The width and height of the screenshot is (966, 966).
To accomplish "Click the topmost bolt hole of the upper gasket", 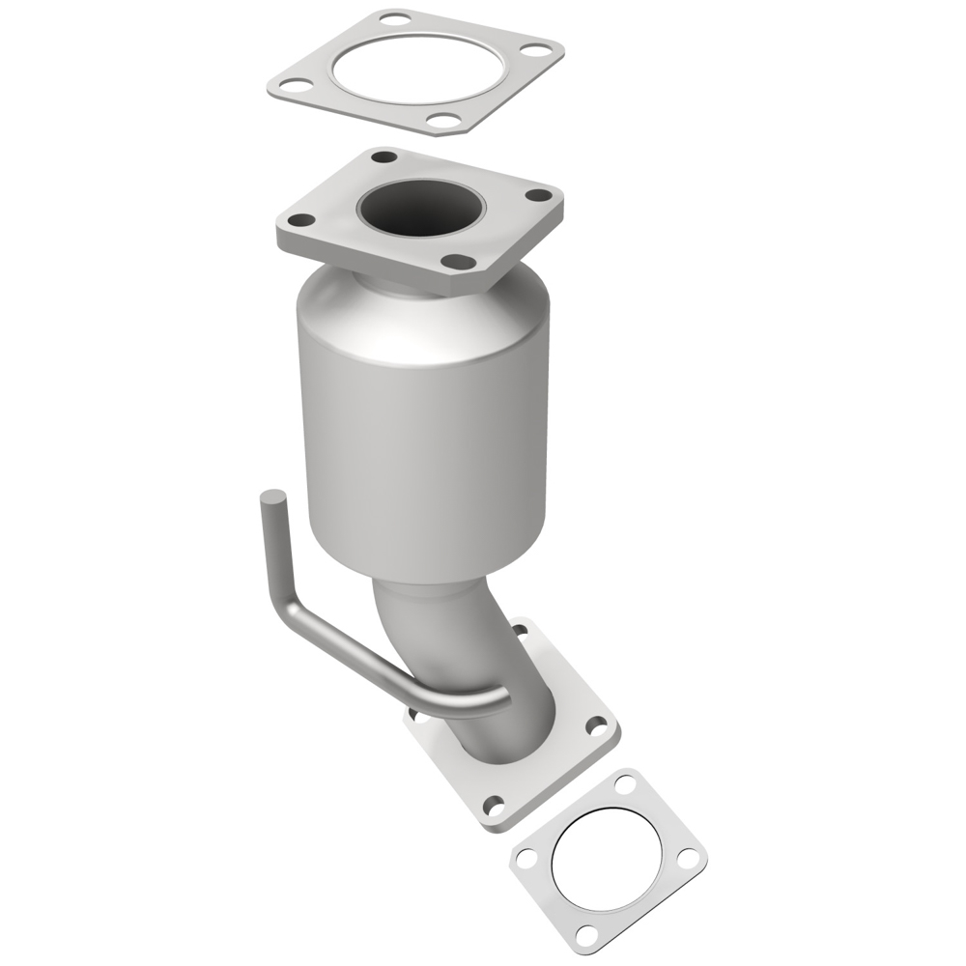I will point(393,18).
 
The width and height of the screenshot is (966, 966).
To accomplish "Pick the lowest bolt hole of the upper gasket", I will point(442,121).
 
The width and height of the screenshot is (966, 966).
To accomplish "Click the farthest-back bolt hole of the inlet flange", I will point(384,156).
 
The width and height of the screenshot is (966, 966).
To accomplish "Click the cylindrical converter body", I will point(425,435).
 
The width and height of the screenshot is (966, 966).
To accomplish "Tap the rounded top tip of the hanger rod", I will point(273,498).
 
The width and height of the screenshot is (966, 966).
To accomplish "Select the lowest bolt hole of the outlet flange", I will point(495,805).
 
